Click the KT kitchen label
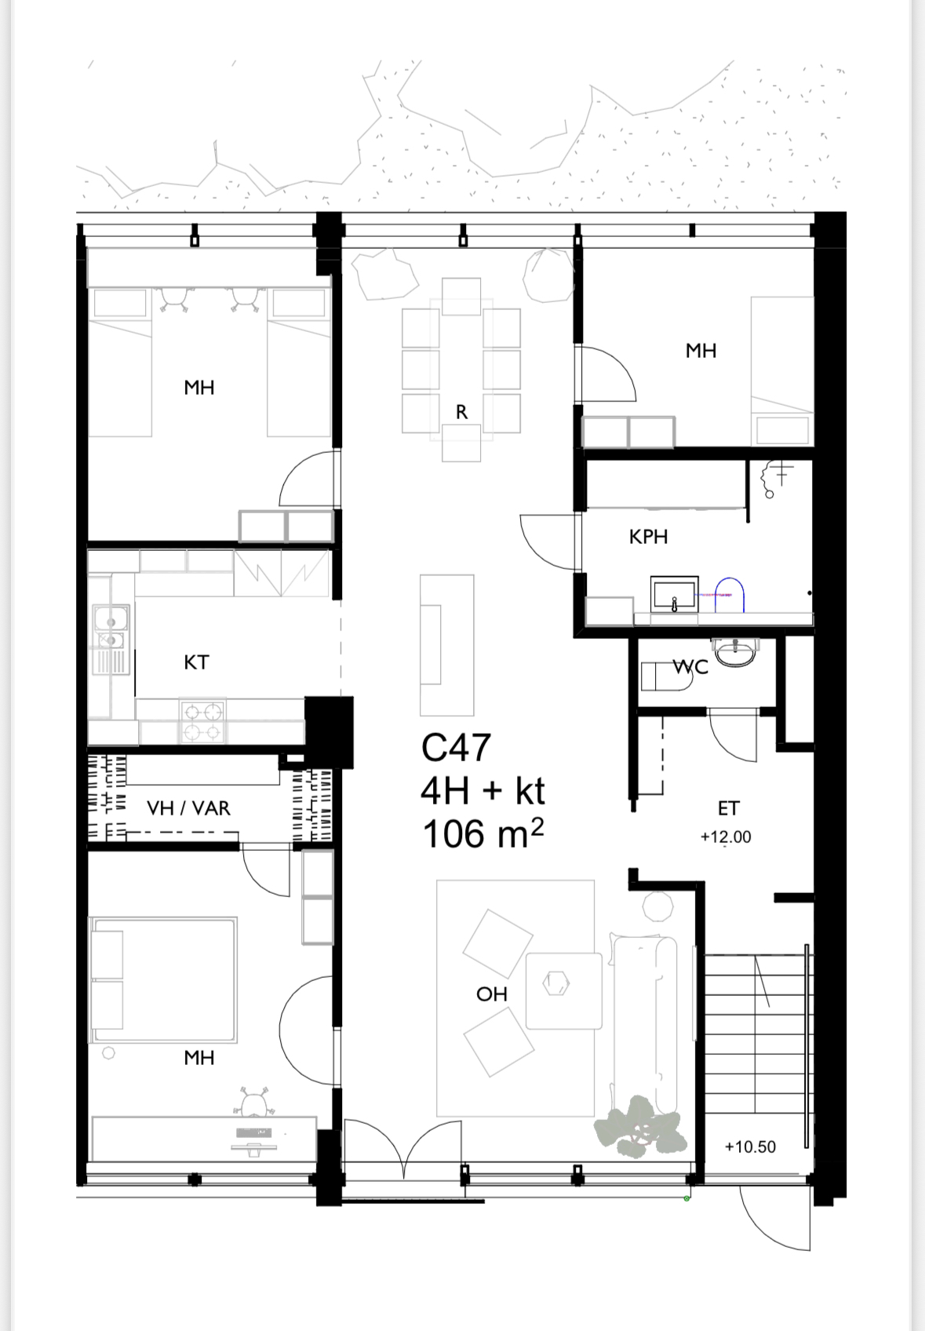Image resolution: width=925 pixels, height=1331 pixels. [196, 662]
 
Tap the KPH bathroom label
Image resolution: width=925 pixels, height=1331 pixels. [648, 537]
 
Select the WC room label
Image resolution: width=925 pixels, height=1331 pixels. [690, 667]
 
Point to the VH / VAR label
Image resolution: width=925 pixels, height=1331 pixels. [188, 808]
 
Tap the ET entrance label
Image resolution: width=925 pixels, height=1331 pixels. [728, 808]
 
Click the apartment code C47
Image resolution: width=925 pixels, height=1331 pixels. [456, 747]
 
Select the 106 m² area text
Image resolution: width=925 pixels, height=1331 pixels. [483, 833]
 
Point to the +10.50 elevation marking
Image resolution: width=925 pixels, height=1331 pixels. [750, 1147]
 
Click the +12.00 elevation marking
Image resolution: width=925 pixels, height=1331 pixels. [726, 837]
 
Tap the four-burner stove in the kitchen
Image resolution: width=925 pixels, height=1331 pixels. [202, 720]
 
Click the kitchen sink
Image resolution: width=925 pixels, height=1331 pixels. [111, 628]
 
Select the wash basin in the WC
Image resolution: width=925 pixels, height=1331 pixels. [736, 651]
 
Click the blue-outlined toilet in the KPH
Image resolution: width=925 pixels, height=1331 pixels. [729, 595]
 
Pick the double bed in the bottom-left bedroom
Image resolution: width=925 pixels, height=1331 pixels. [162, 980]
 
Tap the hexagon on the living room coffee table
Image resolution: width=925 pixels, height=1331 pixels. [556, 983]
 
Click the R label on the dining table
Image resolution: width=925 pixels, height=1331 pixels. [461, 412]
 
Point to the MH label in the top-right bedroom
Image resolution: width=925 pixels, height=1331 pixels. [701, 351]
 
